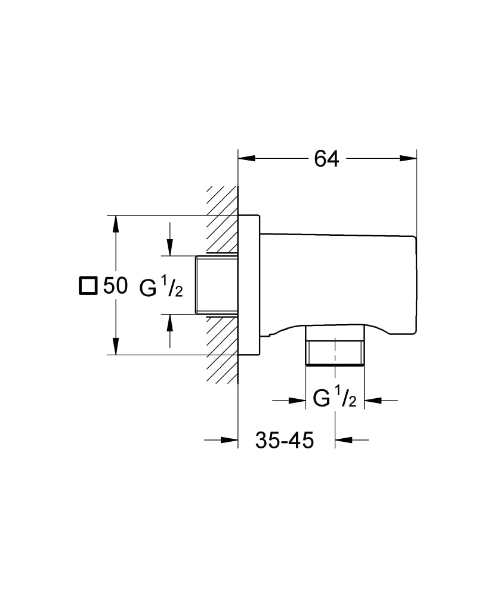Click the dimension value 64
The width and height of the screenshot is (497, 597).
tap(326, 159)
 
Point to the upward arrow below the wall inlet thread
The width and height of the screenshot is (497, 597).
tap(171, 322)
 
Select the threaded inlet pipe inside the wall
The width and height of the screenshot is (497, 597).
tap(216, 285)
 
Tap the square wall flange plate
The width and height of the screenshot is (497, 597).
tap(249, 285)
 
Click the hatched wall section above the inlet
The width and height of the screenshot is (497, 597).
tap(222, 221)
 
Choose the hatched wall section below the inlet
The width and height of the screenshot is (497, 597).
tap(222, 349)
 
